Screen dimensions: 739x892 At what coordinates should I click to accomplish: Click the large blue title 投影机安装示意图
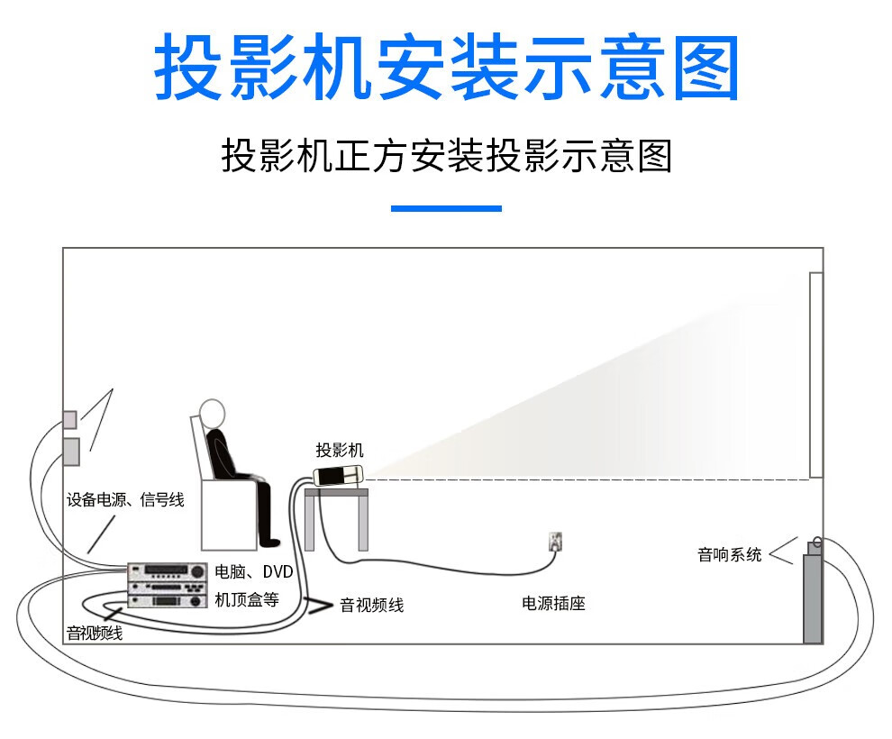[446, 68]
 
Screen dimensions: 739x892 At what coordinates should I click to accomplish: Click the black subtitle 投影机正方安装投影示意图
[446, 156]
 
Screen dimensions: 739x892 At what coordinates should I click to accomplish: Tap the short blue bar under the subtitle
[446, 208]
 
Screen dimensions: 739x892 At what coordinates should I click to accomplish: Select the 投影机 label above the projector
[340, 451]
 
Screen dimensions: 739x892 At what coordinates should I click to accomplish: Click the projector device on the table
[338, 475]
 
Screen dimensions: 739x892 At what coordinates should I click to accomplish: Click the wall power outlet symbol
[556, 541]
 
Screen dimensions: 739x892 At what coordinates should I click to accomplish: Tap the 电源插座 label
[553, 603]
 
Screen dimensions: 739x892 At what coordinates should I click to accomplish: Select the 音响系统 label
[729, 554]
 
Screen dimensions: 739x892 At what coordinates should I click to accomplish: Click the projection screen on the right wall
[815, 374]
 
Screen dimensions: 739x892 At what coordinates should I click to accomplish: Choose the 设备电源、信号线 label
[125, 499]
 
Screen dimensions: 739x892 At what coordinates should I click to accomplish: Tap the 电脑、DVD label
[253, 571]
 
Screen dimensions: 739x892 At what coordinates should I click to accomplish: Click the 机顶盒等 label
[246, 599]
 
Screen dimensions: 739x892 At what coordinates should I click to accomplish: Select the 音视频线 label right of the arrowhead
[371, 605]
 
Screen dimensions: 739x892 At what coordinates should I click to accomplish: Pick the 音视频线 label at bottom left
[94, 634]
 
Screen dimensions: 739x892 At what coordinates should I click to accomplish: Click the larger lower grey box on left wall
[70, 451]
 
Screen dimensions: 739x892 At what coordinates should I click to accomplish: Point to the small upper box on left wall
[69, 419]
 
